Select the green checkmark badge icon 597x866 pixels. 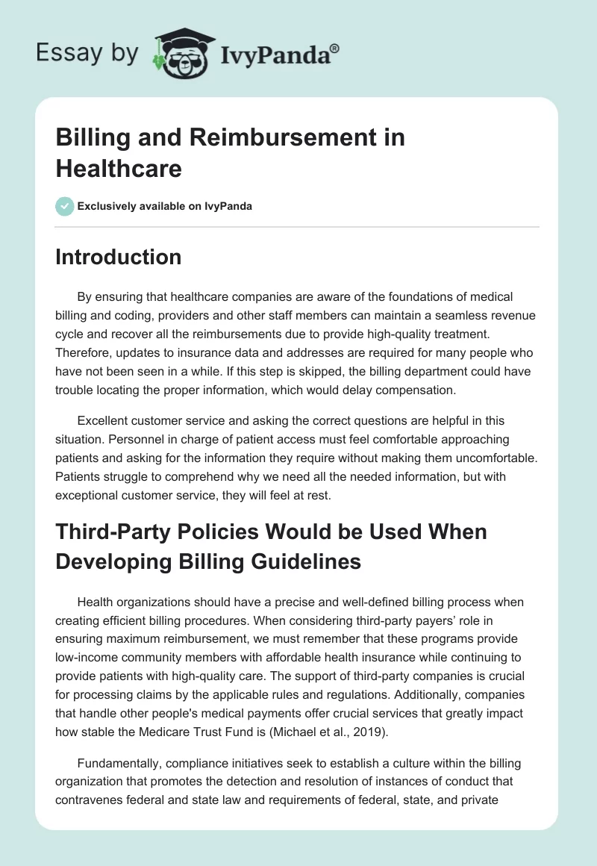65,206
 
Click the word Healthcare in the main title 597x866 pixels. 119,169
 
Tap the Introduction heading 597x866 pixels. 119,258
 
